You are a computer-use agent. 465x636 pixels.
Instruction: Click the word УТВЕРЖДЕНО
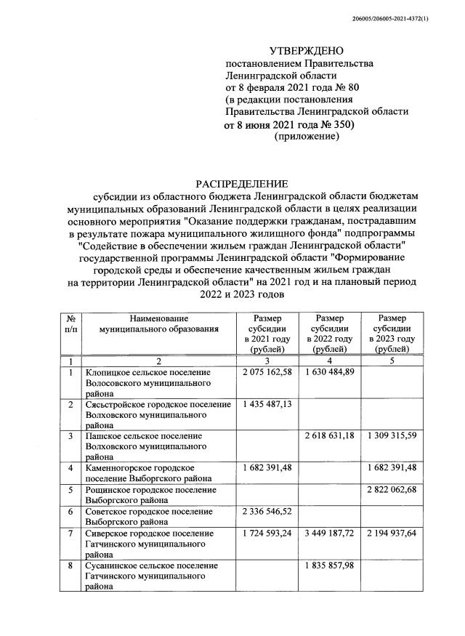307,51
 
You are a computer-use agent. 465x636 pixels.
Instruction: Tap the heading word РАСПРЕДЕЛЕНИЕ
240,183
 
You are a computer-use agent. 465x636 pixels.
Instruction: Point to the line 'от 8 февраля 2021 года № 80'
288,88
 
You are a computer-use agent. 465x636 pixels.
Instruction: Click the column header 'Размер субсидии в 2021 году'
267,334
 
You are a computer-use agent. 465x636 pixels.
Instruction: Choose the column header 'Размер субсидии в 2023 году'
392,334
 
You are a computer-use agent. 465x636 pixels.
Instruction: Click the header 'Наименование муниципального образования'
159,323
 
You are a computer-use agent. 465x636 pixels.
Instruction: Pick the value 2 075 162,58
267,372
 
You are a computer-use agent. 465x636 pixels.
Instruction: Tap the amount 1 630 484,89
330,372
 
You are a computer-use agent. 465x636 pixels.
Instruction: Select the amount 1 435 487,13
267,404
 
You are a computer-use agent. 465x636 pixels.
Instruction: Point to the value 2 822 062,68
392,491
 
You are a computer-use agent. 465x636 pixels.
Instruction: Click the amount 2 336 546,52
267,512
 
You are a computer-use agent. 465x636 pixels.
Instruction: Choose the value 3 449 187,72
330,534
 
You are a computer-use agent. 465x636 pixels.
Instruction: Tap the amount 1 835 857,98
330,565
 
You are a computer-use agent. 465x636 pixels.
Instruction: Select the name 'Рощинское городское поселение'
148,491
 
